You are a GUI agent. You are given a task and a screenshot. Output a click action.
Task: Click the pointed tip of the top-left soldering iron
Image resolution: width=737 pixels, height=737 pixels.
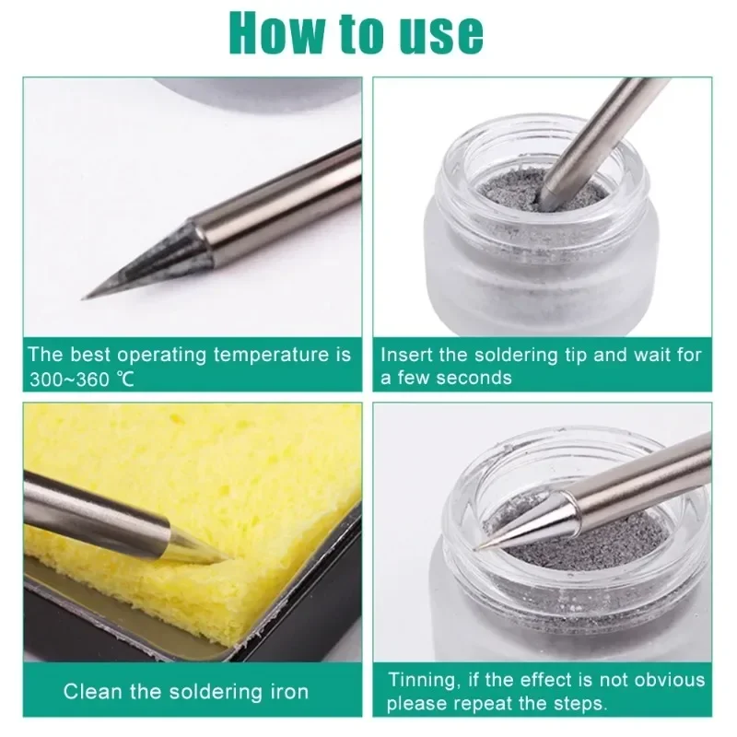coord(86,298)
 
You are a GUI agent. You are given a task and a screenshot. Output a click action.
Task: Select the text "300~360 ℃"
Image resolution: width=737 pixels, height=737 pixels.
coord(80,379)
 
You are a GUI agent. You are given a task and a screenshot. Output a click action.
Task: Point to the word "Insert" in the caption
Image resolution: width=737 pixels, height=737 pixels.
coord(406,355)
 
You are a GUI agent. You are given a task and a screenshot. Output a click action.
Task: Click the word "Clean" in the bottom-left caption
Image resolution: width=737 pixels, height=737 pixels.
coord(90,692)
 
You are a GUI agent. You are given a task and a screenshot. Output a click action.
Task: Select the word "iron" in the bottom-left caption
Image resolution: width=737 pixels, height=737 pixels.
coord(286,692)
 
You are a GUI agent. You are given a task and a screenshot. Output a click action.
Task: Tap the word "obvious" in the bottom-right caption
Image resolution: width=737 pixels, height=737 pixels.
coord(671,680)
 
